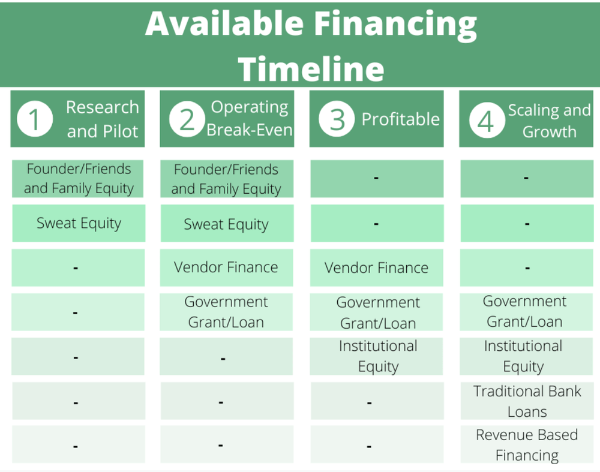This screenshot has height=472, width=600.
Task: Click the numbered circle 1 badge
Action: click(35, 119)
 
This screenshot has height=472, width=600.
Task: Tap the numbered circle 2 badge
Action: click(187, 119)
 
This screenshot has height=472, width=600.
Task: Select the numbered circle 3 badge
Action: click(337, 119)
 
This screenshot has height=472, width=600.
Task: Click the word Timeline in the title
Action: click(311, 69)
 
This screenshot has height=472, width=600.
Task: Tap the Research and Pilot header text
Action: click(103, 119)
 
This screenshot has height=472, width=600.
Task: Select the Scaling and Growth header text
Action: click(550, 121)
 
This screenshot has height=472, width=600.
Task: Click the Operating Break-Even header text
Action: click(250, 119)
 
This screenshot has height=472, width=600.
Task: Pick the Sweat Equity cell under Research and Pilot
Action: click(79, 223)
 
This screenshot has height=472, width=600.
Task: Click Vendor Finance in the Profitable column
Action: click(377, 267)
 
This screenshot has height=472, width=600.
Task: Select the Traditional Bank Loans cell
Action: click(527, 401)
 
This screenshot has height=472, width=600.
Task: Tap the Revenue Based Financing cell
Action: click(527, 445)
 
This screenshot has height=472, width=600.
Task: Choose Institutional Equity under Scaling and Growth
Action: click(523, 356)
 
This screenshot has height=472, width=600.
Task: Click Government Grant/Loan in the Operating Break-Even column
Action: click(226, 312)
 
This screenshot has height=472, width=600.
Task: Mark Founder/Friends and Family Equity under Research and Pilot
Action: click(79, 179)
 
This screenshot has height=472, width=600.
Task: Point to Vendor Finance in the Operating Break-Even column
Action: click(226, 267)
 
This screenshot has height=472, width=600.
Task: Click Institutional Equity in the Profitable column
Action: click(378, 356)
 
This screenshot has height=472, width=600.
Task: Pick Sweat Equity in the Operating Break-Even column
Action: click(226, 224)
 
